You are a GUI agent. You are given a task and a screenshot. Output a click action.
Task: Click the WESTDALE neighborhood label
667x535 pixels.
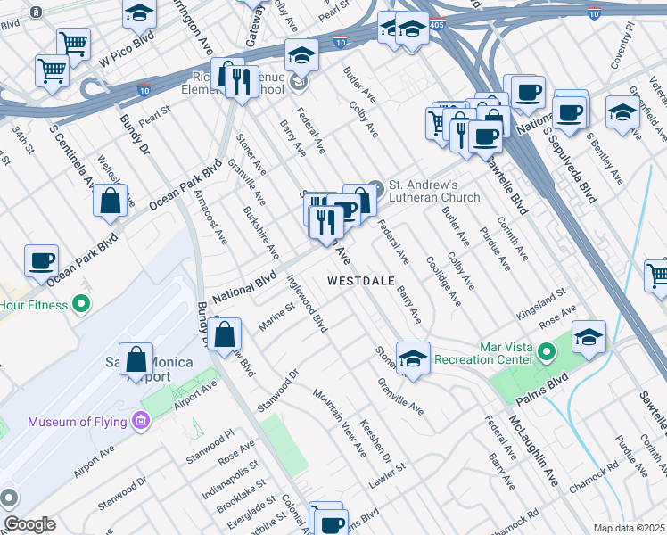click(360, 280)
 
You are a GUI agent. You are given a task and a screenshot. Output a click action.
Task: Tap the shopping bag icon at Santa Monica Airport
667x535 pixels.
click(136, 359)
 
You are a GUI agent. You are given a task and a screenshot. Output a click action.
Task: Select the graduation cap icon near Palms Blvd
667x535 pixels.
click(589, 338)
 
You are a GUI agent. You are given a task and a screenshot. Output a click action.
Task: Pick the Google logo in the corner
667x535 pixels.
click(29, 524)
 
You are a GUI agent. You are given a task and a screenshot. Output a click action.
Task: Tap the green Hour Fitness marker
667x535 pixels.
click(81, 305)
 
